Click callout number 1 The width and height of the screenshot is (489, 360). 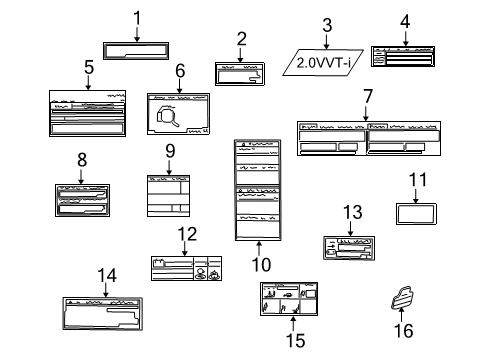click(x=138, y=17)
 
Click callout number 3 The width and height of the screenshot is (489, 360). click(x=326, y=24)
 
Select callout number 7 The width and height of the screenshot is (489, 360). click(x=368, y=97)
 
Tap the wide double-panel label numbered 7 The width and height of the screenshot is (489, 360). click(x=369, y=138)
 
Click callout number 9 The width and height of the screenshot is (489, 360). click(x=170, y=150)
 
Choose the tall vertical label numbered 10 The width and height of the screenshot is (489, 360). click(x=255, y=189)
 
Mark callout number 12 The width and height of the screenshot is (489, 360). click(x=183, y=234)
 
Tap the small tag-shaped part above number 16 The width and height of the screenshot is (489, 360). click(x=405, y=298)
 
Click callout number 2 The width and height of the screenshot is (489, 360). click(x=241, y=39)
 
